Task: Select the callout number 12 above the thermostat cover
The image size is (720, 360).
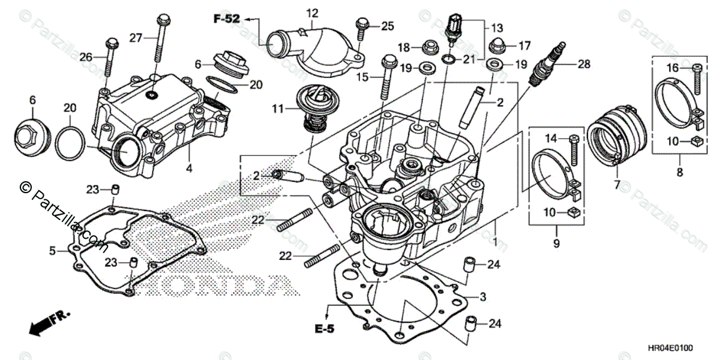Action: coord(313,13)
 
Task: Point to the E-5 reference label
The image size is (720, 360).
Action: coord(325,328)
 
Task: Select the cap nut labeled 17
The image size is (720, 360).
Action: coord(500,44)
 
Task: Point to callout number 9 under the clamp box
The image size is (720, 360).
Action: coord(556,244)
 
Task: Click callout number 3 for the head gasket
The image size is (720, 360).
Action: coord(482,296)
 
